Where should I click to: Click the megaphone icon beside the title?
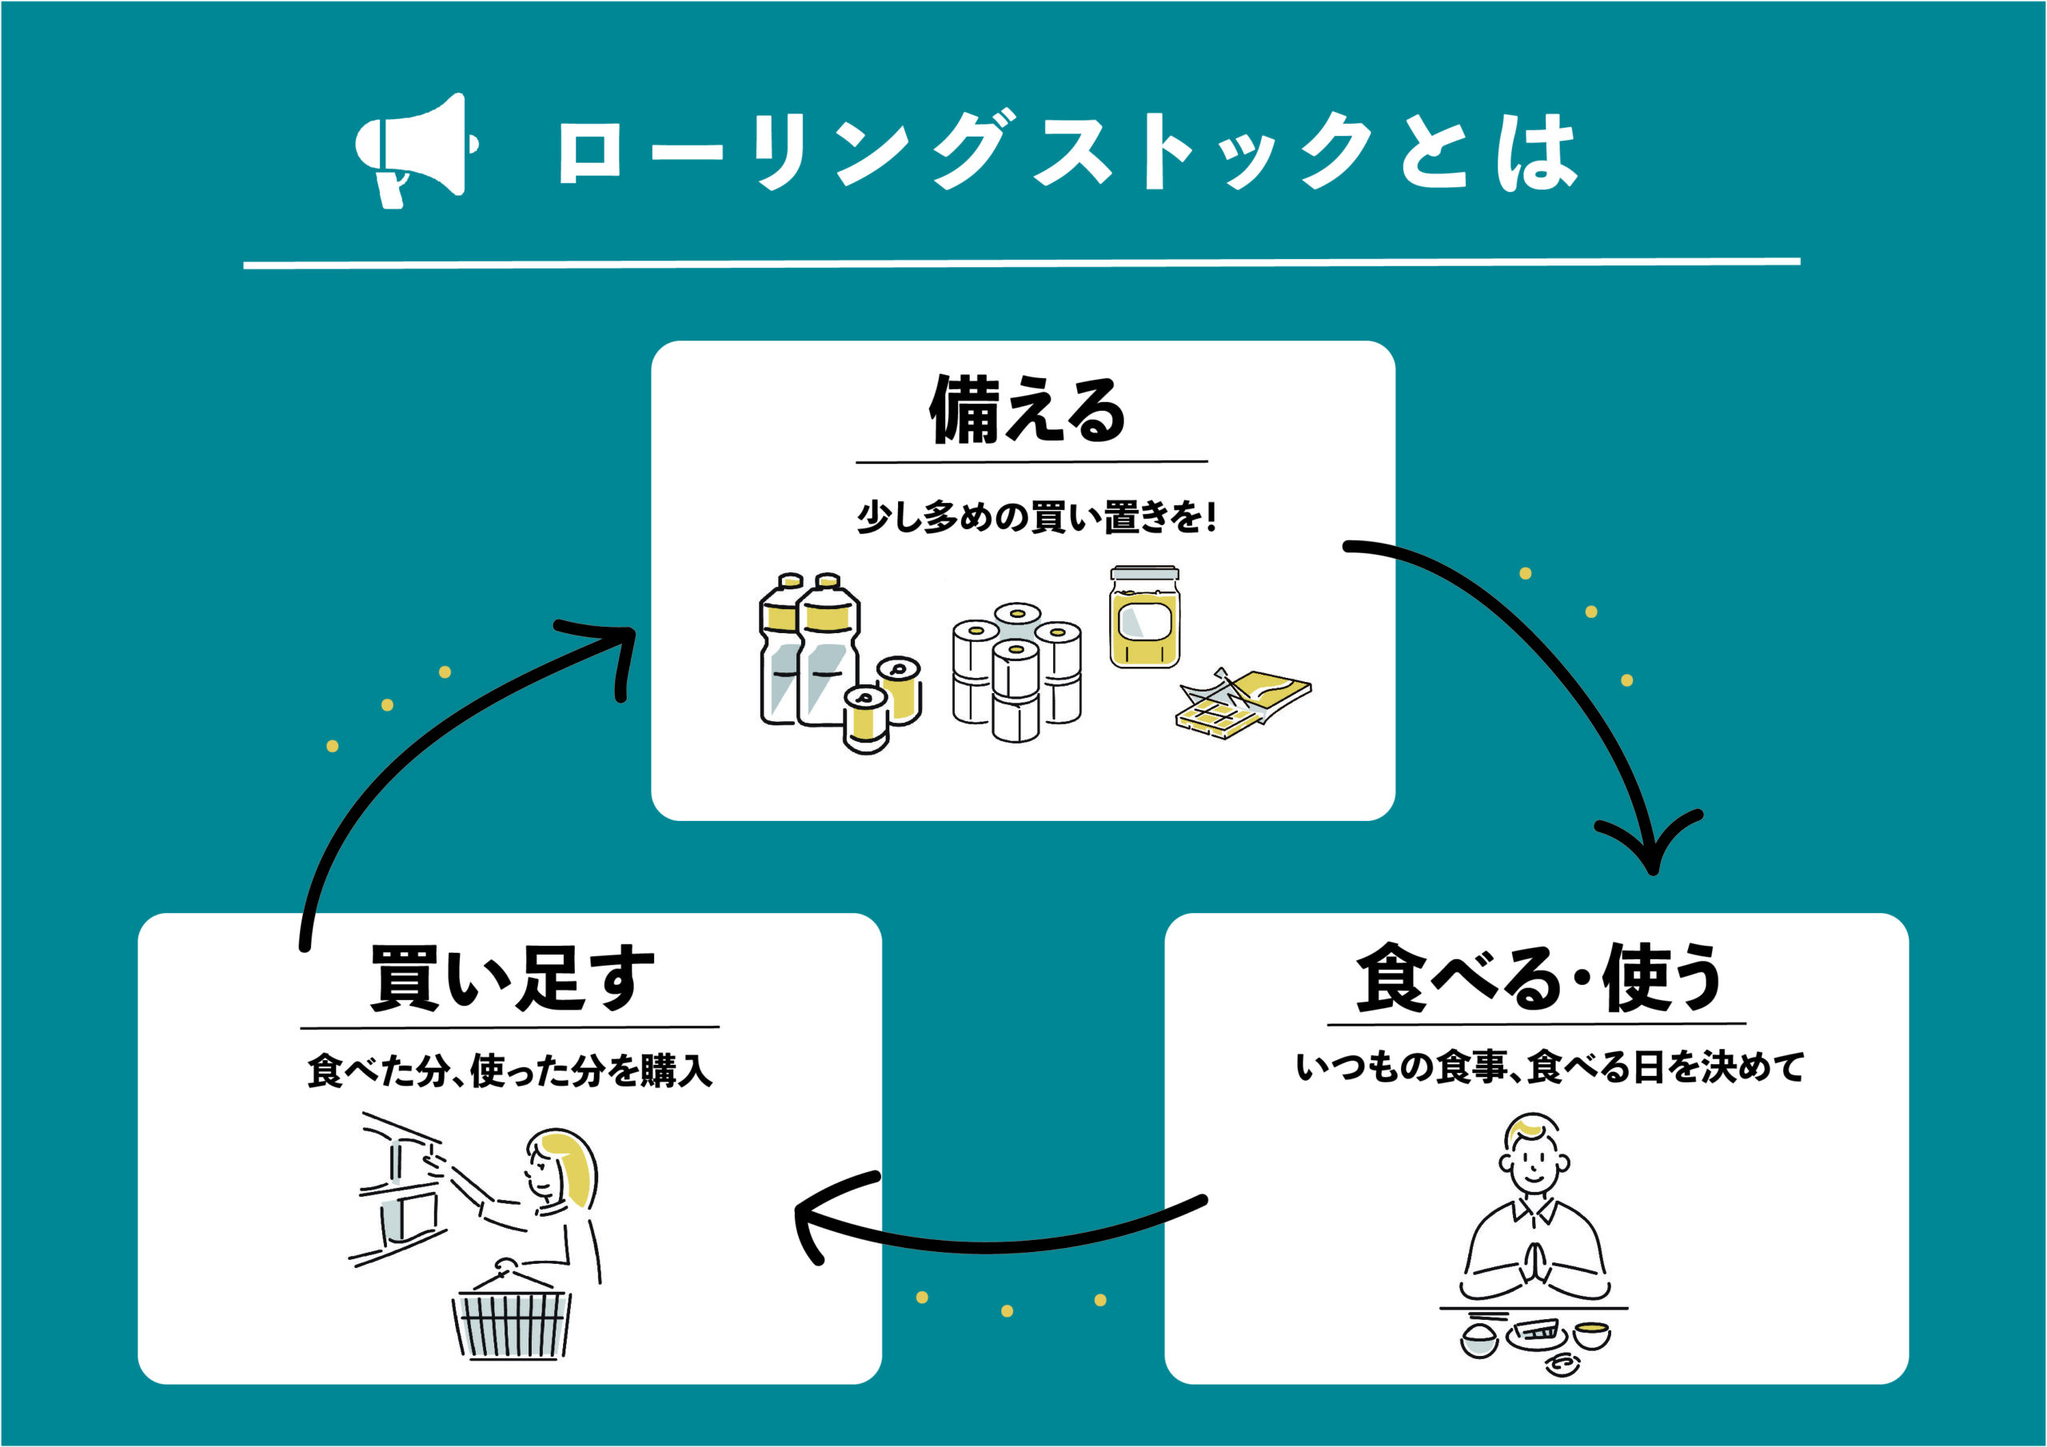pos(414,149)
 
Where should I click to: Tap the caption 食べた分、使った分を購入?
pos(510,1070)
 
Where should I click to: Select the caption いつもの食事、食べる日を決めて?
pos(1550,1067)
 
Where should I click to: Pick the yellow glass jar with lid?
pos(1144,618)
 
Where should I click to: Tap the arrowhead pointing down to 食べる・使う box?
pos(1651,851)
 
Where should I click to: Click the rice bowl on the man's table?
pos(1480,1340)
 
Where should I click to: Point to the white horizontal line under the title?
pos(1022,263)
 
